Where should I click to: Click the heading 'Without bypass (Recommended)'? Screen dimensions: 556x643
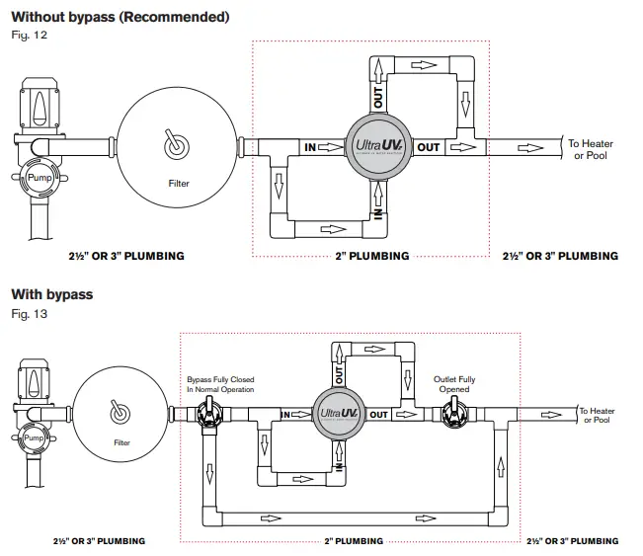pyautogui.click(x=120, y=18)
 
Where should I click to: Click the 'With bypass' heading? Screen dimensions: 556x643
pyautogui.click(x=51, y=294)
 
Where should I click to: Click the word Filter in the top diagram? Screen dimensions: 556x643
pyautogui.click(x=179, y=183)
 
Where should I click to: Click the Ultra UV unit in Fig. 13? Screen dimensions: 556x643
pyautogui.click(x=338, y=415)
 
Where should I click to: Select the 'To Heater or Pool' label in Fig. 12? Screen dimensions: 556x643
pyautogui.click(x=590, y=149)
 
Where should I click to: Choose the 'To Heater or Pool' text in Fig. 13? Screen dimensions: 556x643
pyautogui.click(x=596, y=416)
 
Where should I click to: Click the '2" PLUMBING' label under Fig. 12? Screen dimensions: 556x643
pyautogui.click(x=372, y=256)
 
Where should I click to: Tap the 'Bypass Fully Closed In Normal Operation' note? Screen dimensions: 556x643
pyautogui.click(x=220, y=384)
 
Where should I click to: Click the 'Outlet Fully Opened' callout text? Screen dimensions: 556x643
pyautogui.click(x=454, y=384)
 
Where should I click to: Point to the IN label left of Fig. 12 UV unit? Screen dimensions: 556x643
pyautogui.click(x=310, y=148)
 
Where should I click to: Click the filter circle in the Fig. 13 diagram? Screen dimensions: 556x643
pyautogui.click(x=121, y=416)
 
